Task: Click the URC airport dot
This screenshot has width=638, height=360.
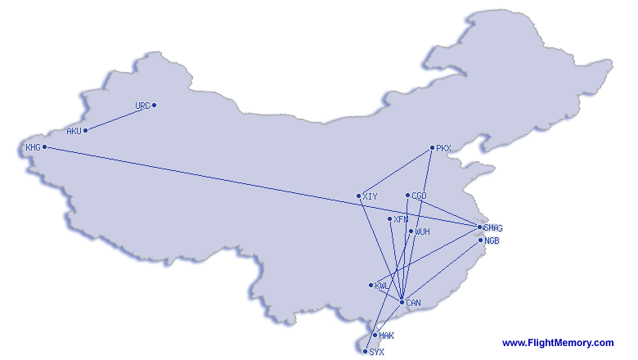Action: [155, 106]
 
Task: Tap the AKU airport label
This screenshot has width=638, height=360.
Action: [74, 131]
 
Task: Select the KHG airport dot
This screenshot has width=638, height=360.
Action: [45, 146]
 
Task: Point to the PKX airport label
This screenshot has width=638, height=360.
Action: [443, 148]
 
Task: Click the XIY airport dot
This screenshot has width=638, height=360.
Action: [359, 196]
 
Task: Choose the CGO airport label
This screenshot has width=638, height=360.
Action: [419, 196]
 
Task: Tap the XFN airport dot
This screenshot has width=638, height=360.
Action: [390, 218]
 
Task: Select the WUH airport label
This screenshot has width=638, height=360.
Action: [422, 232]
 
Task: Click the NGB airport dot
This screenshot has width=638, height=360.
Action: [480, 241]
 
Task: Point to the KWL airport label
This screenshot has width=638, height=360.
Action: [382, 286]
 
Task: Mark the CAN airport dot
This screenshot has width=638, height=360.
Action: [402, 302]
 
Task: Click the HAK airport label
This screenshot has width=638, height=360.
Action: [387, 335]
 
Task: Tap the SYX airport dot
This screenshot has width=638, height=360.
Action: [366, 352]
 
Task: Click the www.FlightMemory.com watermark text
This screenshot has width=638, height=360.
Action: [558, 343]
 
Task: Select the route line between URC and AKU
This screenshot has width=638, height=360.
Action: [119, 118]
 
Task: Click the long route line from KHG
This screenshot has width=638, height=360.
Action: [262, 187]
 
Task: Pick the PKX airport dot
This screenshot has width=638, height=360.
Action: [432, 147]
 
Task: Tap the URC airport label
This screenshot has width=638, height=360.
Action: [143, 106]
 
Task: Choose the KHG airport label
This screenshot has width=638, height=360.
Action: [33, 147]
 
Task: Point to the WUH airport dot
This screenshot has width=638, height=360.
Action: [411, 231]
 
